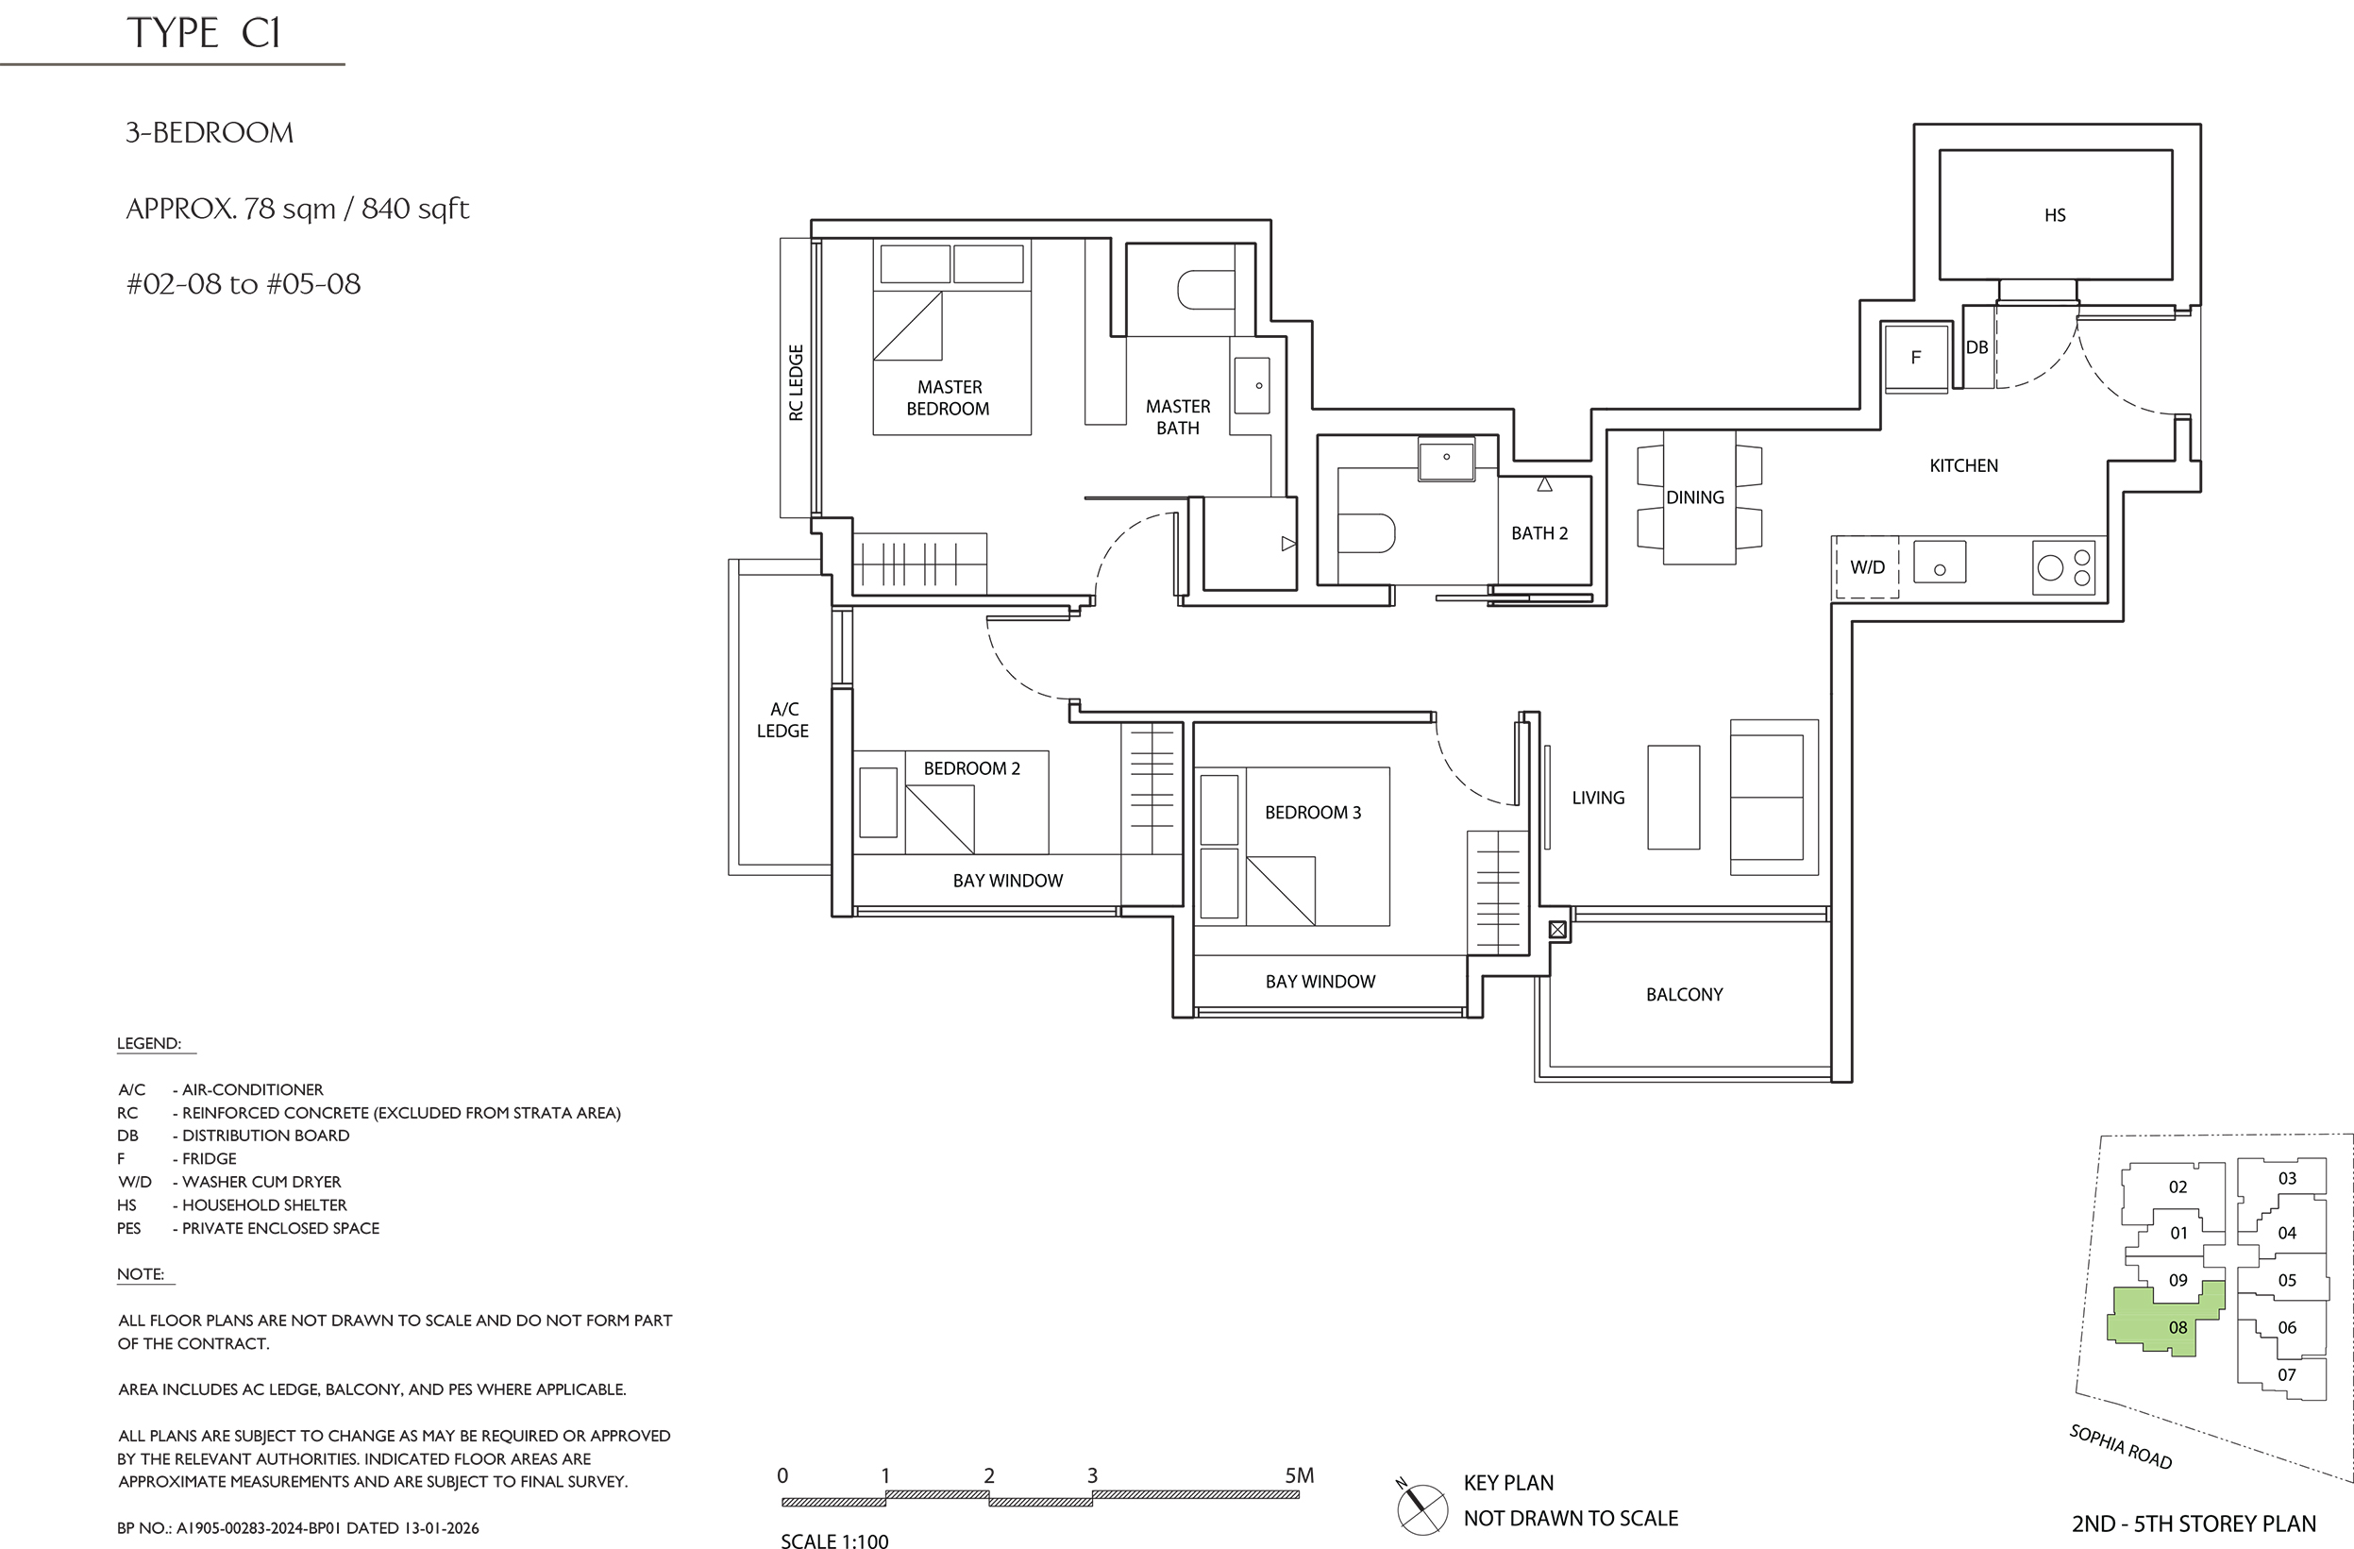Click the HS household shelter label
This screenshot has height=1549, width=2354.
click(x=2054, y=214)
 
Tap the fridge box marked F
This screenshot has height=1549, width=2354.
click(x=1916, y=357)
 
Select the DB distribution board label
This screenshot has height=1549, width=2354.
click(x=1976, y=347)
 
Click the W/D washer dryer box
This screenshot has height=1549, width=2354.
click(x=1866, y=566)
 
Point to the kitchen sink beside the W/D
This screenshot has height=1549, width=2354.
click(x=1940, y=562)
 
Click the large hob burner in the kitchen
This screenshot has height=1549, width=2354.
click(x=2050, y=567)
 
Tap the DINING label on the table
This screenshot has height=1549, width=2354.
click(x=1694, y=497)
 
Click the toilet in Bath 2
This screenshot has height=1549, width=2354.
click(x=1366, y=532)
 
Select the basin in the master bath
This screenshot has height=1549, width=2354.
click(x=1252, y=386)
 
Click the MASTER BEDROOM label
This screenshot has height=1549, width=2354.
click(x=949, y=397)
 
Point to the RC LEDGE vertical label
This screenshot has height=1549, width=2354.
click(x=797, y=383)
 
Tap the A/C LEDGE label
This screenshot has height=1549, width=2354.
click(x=783, y=720)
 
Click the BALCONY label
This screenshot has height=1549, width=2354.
click(x=1685, y=994)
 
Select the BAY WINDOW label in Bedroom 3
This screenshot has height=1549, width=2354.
click(x=1320, y=982)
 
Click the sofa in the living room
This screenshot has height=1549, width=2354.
click(x=1774, y=798)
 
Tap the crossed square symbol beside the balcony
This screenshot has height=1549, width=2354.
click(x=1557, y=930)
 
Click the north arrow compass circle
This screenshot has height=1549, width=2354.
click(x=1422, y=1510)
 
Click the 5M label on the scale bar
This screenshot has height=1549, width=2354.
click(x=1300, y=1474)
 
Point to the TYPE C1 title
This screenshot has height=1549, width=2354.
click(x=204, y=33)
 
